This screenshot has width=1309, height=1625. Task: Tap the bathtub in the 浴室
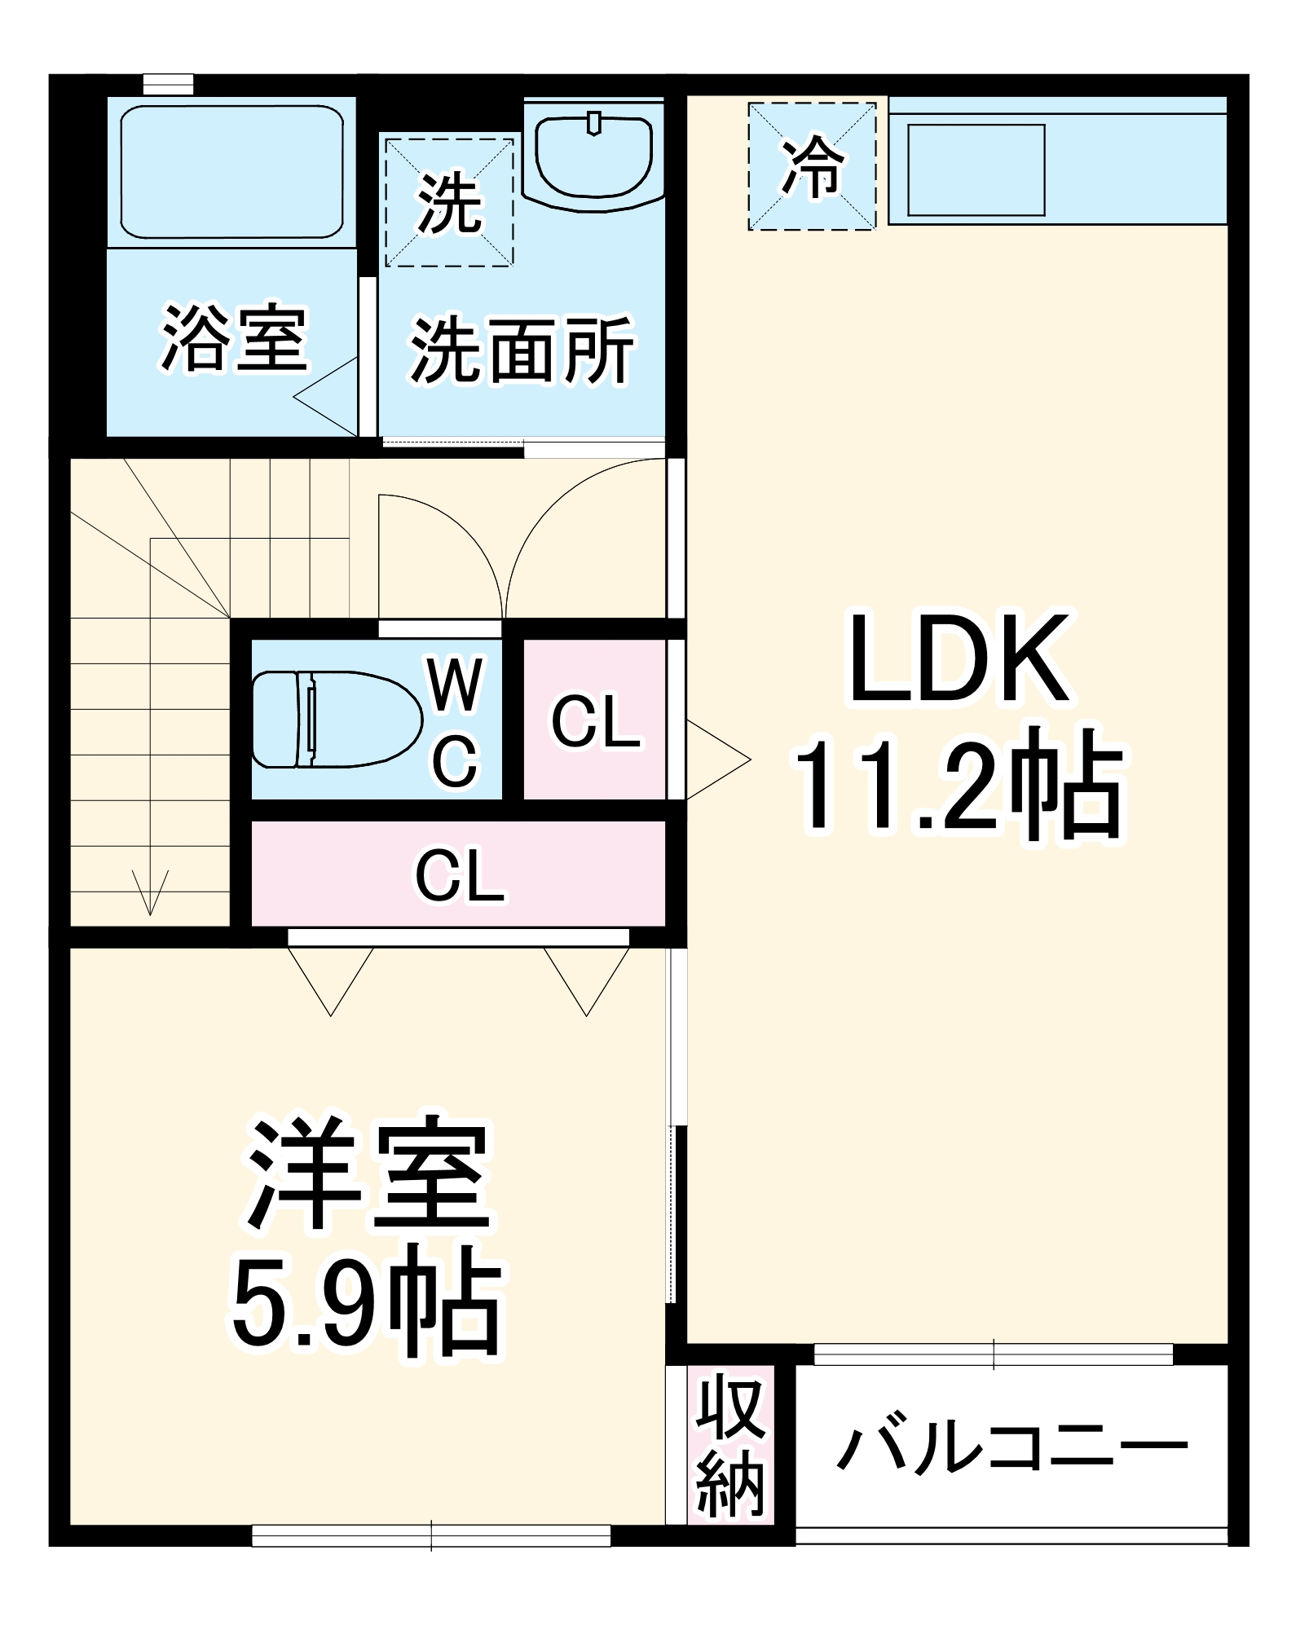click(x=231, y=172)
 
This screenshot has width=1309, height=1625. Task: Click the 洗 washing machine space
click(x=449, y=202)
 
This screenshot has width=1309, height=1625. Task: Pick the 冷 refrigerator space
click(x=812, y=166)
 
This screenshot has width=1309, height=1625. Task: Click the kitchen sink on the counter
click(x=976, y=170)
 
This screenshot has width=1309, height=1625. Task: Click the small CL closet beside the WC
click(x=595, y=720)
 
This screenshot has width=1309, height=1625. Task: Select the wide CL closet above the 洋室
click(x=459, y=874)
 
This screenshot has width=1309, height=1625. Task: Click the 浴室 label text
click(x=234, y=337)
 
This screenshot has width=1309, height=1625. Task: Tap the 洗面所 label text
click(x=521, y=350)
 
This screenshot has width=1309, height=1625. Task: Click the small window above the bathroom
click(x=168, y=84)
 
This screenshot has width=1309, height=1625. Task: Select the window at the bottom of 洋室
click(x=431, y=1535)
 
